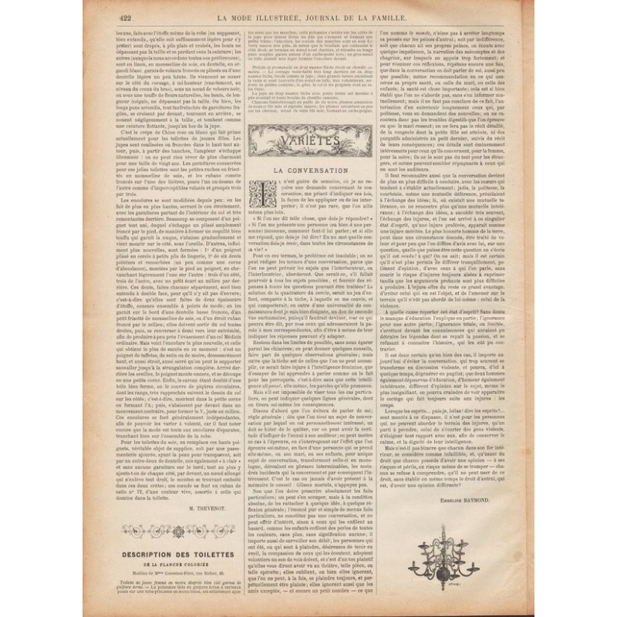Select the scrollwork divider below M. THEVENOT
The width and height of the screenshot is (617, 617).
click(178, 531)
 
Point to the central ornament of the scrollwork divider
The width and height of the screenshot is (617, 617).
click(178, 531)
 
